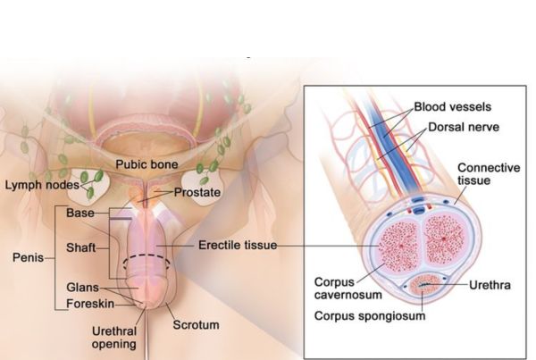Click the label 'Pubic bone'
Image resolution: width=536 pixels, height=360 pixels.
[x=147, y=165]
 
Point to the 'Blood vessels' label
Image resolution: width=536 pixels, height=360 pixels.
[x=445, y=107]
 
